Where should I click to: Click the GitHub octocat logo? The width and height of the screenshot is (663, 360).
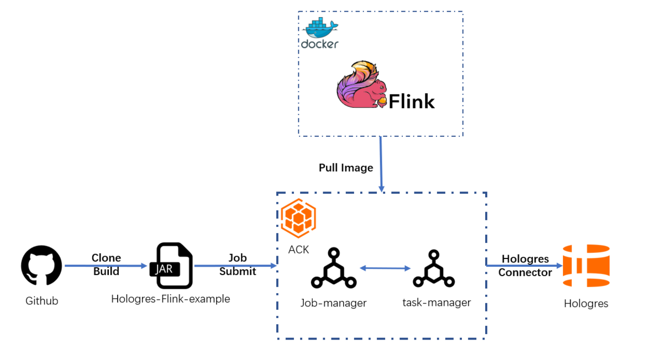click(41, 266)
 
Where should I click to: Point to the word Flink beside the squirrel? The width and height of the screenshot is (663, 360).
click(412, 101)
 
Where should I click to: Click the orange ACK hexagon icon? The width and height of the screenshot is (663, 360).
click(298, 219)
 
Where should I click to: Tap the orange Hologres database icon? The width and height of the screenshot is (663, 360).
click(586, 266)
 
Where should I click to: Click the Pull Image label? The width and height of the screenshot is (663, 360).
click(346, 167)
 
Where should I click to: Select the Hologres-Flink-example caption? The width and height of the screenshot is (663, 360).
click(170, 299)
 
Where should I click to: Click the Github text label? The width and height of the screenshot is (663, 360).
click(41, 301)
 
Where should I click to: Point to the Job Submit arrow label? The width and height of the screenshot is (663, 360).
click(238, 264)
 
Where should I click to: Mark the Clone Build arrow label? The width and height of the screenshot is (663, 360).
click(106, 264)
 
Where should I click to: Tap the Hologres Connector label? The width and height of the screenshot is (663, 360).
click(525, 266)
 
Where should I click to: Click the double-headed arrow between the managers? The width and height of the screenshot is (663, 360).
click(385, 268)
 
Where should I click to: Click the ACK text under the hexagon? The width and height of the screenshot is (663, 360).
click(298, 250)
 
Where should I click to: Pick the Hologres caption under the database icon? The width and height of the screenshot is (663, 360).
click(586, 303)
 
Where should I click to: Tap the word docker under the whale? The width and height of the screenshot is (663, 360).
click(319, 44)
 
